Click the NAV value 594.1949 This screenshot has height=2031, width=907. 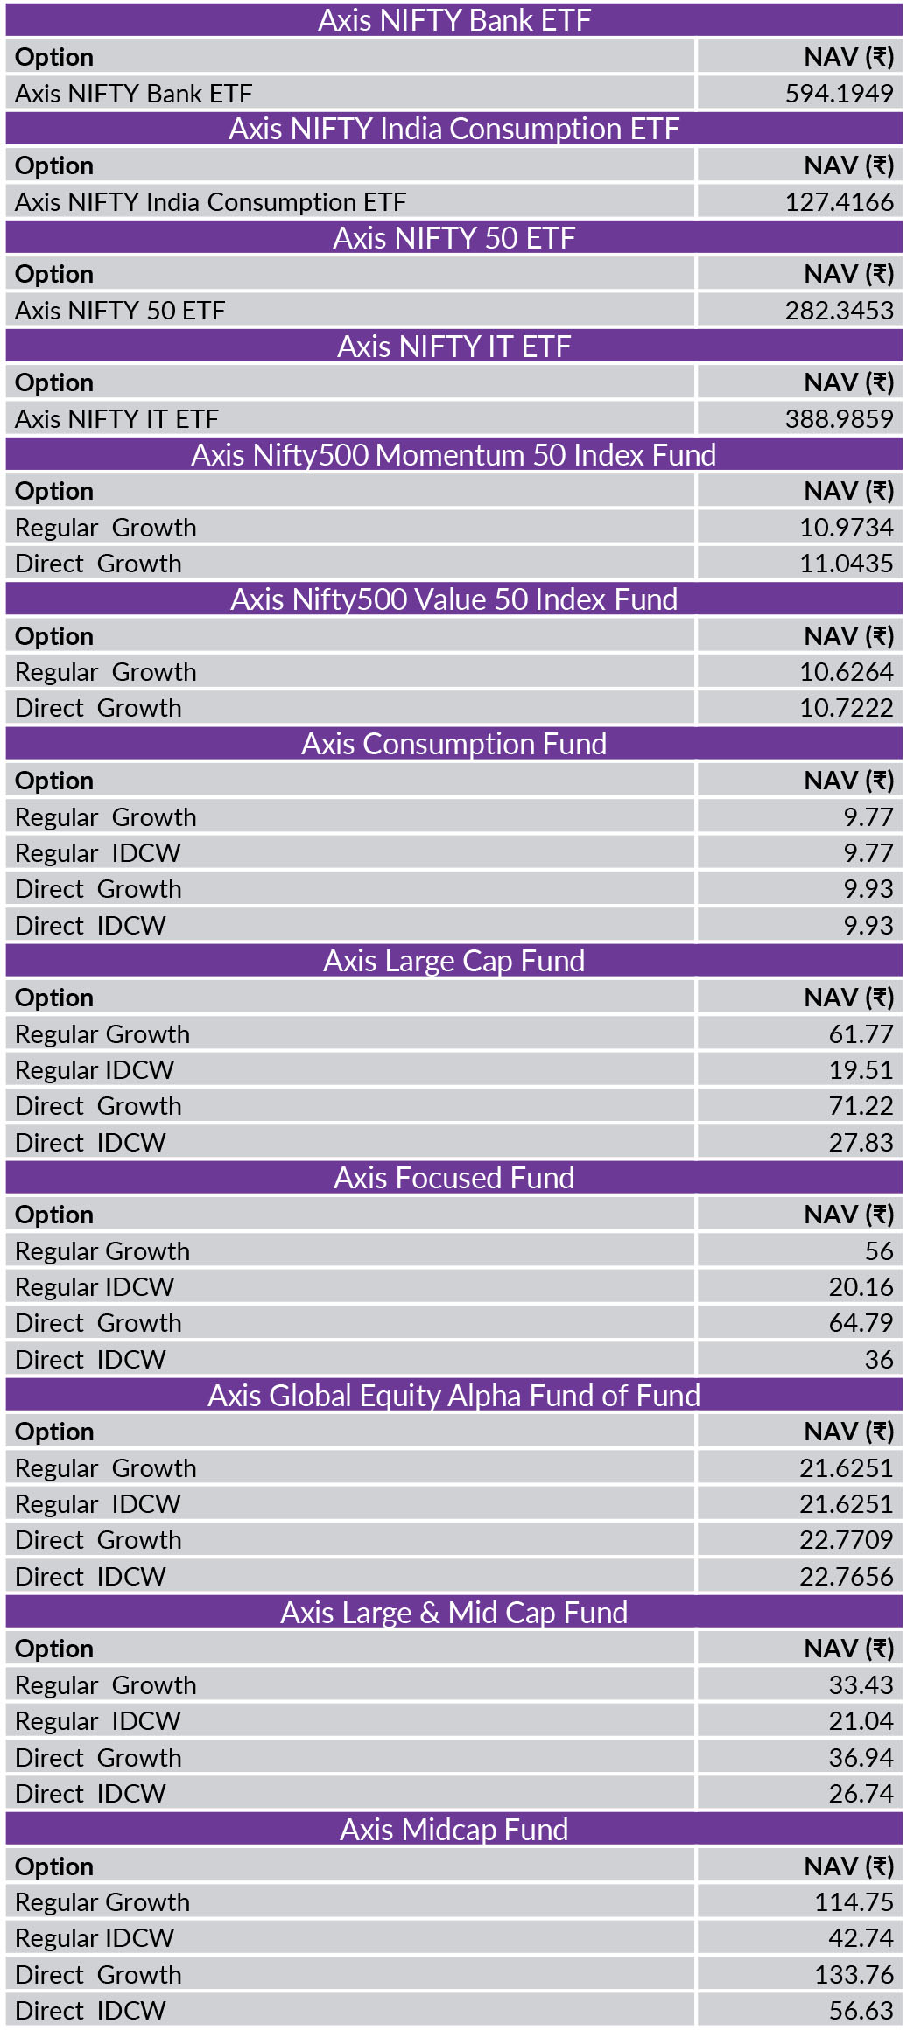click(x=839, y=94)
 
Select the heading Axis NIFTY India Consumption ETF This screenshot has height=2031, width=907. click(x=453, y=130)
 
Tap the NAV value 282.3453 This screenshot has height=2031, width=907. click(x=839, y=311)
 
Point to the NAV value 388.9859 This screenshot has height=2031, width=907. click(x=839, y=419)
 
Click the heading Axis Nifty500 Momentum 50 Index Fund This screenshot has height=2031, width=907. click(x=453, y=455)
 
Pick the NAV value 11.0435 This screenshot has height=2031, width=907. click(x=846, y=564)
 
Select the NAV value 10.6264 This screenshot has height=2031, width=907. click(x=846, y=672)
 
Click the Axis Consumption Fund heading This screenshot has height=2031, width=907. click(x=453, y=744)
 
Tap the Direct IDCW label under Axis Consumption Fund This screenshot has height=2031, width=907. click(x=90, y=926)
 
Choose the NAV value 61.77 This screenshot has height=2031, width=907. click(x=861, y=1034)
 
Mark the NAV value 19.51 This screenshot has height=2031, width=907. click(x=861, y=1070)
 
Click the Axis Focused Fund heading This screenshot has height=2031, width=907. click(x=453, y=1178)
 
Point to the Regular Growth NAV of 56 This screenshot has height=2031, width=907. click(x=878, y=1251)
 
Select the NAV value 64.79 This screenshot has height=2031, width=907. click(x=861, y=1323)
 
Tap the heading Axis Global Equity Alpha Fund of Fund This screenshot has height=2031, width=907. click(x=453, y=1396)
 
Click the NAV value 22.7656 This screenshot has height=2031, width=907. click(x=846, y=1577)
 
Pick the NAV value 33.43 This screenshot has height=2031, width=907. click(x=861, y=1685)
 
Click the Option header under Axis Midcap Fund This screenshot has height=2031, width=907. click(x=54, y=1866)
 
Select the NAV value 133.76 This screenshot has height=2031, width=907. click(x=854, y=1975)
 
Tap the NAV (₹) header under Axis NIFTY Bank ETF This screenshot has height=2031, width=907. click(x=848, y=58)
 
